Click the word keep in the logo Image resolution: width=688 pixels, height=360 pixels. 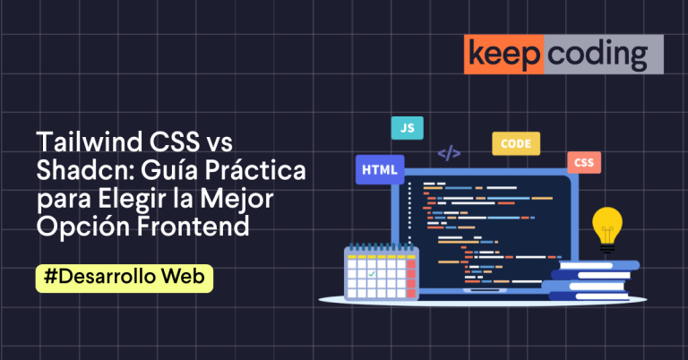click(503, 55)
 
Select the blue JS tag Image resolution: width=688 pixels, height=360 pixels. click(408, 128)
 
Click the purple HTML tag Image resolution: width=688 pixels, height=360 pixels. click(380, 168)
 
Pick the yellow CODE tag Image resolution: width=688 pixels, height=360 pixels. click(516, 143)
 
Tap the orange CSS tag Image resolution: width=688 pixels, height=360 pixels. click(583, 163)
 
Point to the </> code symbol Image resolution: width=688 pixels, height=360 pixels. click(449, 153)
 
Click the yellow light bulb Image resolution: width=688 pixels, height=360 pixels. click(607, 224)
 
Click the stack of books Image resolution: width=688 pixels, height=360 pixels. click(591, 280)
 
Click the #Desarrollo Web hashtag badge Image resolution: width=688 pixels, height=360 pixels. click(125, 278)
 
